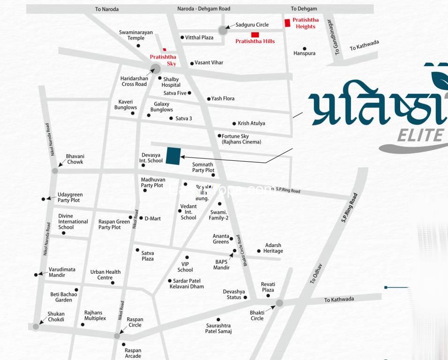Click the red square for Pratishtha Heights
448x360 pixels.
[288, 23]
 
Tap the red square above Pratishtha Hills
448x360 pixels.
[255, 35]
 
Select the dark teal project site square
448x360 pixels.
[174, 156]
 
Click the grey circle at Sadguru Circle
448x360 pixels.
[223, 30]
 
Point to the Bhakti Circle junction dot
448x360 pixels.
[280, 303]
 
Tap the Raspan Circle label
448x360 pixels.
[135, 322]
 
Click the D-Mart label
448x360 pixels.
[152, 218]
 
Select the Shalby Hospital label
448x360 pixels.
[171, 82]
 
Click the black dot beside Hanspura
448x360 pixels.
[304, 49]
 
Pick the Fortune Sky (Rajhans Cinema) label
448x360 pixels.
[241, 139]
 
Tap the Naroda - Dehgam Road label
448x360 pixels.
[204, 9]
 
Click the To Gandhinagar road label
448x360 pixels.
[334, 37]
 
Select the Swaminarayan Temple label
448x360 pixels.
[136, 35]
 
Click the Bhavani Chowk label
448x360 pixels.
[75, 159]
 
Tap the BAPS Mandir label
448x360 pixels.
[221, 265]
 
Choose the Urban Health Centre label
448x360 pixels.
[105, 275]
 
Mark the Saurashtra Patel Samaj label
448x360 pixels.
[218, 328]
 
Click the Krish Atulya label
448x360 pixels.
[251, 123]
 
